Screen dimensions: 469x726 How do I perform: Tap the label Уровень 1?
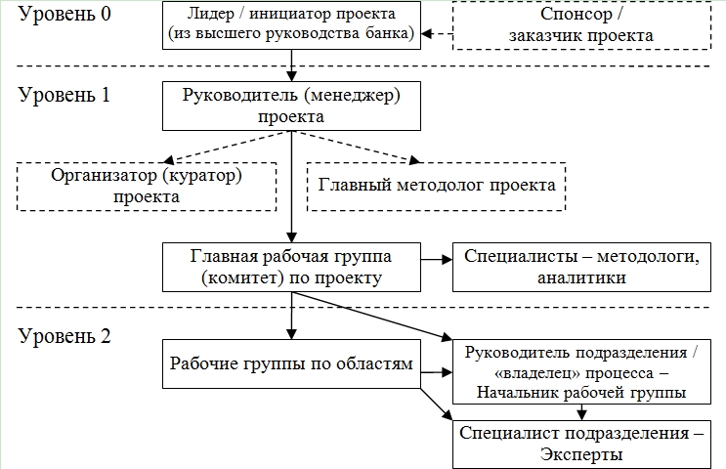[61, 96]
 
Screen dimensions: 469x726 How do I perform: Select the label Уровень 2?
[61, 337]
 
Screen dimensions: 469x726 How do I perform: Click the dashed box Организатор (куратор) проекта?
[148, 185]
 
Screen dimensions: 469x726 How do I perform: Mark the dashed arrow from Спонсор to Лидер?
[439, 34]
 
